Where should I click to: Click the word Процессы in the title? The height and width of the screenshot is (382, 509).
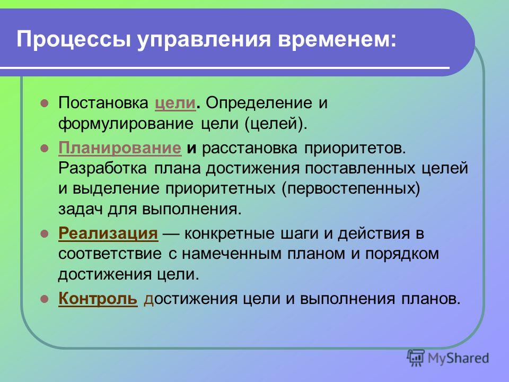74,40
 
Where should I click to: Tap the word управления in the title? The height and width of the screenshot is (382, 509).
204,40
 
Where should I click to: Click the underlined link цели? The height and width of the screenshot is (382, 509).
175,104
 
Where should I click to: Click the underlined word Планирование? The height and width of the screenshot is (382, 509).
120,149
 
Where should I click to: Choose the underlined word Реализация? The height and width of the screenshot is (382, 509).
108,234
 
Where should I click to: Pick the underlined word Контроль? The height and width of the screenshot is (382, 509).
98,299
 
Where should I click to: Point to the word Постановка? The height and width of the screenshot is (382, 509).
103,103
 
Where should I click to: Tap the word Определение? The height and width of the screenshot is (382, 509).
259,104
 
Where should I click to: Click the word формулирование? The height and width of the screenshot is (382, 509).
126,124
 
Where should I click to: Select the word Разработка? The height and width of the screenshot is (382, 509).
102,169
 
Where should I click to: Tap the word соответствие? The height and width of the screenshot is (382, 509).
110,254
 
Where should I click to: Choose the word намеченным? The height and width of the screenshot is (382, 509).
232,254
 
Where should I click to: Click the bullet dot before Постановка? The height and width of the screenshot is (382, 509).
44,103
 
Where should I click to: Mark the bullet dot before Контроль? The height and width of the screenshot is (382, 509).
44,299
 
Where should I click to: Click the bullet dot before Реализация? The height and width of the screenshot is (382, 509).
44,233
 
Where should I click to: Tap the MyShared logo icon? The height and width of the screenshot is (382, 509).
416,358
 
